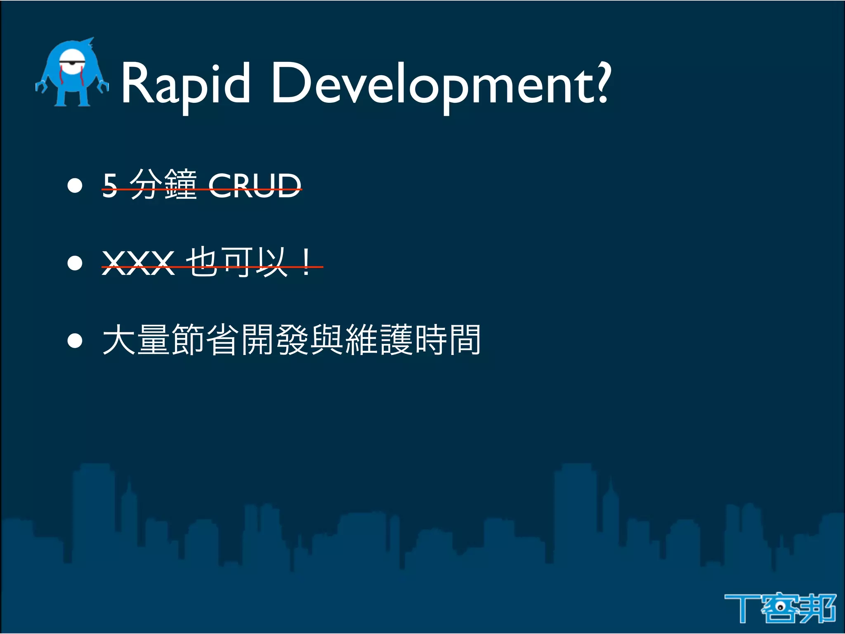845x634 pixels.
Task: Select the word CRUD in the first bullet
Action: click(x=255, y=186)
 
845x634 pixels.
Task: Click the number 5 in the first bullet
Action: click(x=110, y=186)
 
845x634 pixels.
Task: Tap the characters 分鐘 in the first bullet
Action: click(x=163, y=185)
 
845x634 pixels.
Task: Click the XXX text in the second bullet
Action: click(x=138, y=263)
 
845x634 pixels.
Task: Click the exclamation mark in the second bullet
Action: click(x=306, y=263)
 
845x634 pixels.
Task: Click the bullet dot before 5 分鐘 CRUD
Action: click(x=75, y=186)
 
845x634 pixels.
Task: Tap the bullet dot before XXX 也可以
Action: click(x=75, y=263)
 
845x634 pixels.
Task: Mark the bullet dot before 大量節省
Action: click(x=75, y=341)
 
